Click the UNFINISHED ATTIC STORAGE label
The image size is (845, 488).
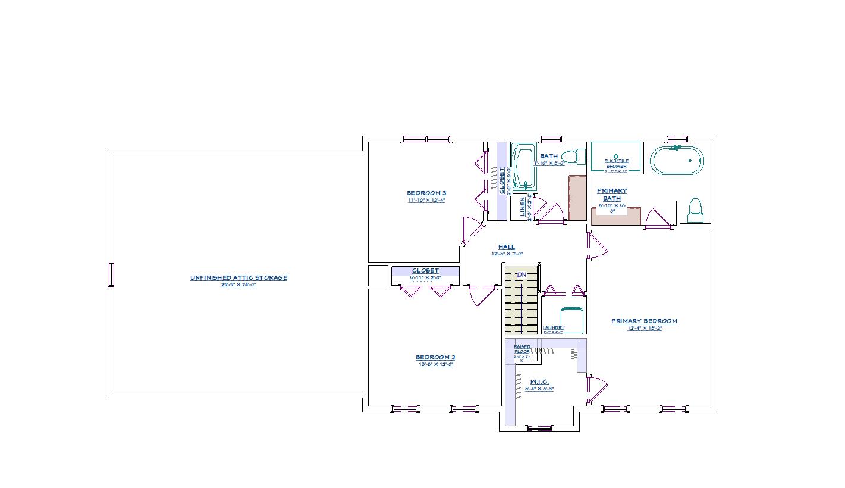point(238,277)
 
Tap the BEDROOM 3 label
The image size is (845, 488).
point(426,193)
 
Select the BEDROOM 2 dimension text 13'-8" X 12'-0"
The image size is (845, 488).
point(435,364)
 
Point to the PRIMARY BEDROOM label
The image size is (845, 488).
point(644,321)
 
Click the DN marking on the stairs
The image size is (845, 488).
point(522,274)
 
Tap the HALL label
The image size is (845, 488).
point(507,246)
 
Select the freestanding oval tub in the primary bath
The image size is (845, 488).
point(676,160)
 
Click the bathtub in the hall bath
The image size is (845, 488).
point(524,166)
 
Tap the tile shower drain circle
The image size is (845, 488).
point(616,157)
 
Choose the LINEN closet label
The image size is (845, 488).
point(523,208)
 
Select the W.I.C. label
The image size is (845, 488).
point(539,382)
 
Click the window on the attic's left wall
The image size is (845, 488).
point(111,274)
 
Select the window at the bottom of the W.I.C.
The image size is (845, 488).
point(539,428)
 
